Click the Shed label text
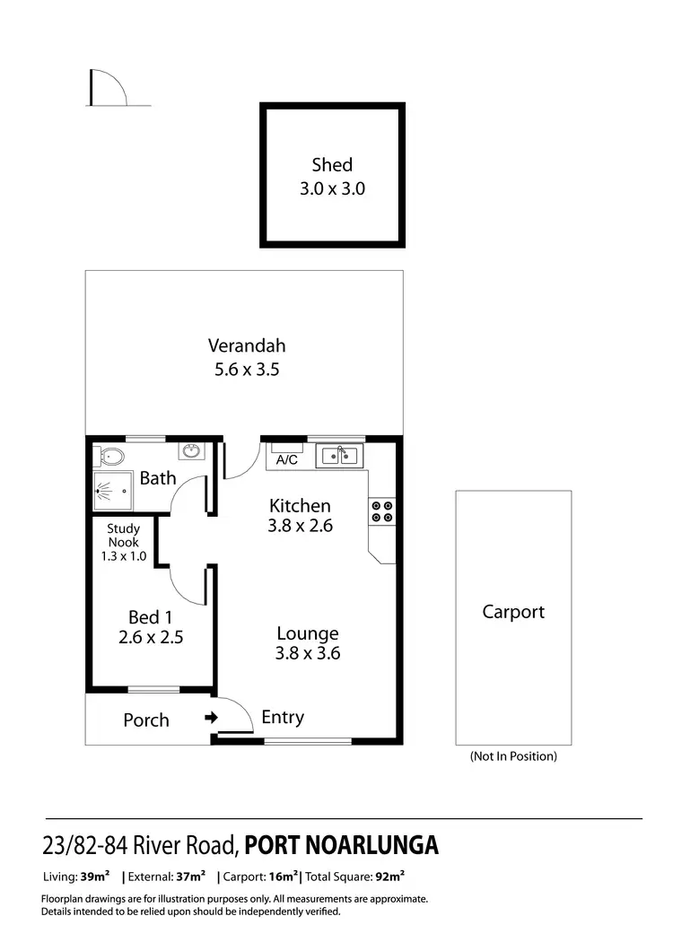(332, 165)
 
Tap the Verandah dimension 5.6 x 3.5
(247, 369)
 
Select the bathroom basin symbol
(191, 450)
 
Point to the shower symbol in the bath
(114, 490)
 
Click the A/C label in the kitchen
(287, 460)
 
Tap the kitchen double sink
(340, 456)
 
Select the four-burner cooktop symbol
(381, 510)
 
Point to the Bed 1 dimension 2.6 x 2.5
(150, 638)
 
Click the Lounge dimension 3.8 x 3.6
(308, 654)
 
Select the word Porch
(146, 720)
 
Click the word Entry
(283, 718)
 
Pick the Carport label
(513, 612)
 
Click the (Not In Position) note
(513, 756)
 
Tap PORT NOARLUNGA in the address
(342, 845)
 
